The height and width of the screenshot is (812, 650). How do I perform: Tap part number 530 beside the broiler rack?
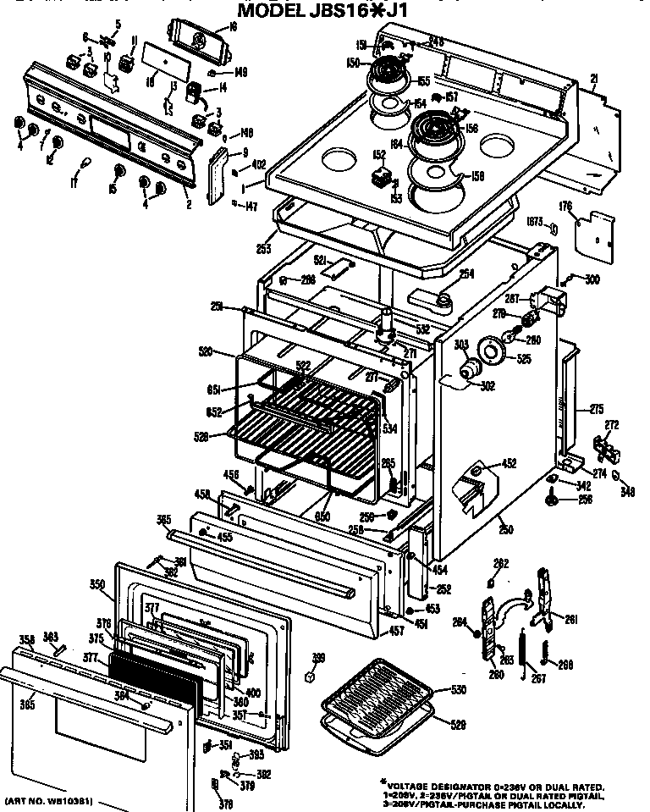(x=458, y=690)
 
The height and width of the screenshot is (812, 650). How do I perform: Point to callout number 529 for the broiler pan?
(x=458, y=725)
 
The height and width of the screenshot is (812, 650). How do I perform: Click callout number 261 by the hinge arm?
(x=570, y=620)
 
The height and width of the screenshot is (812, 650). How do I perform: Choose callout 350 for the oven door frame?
(x=96, y=584)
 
